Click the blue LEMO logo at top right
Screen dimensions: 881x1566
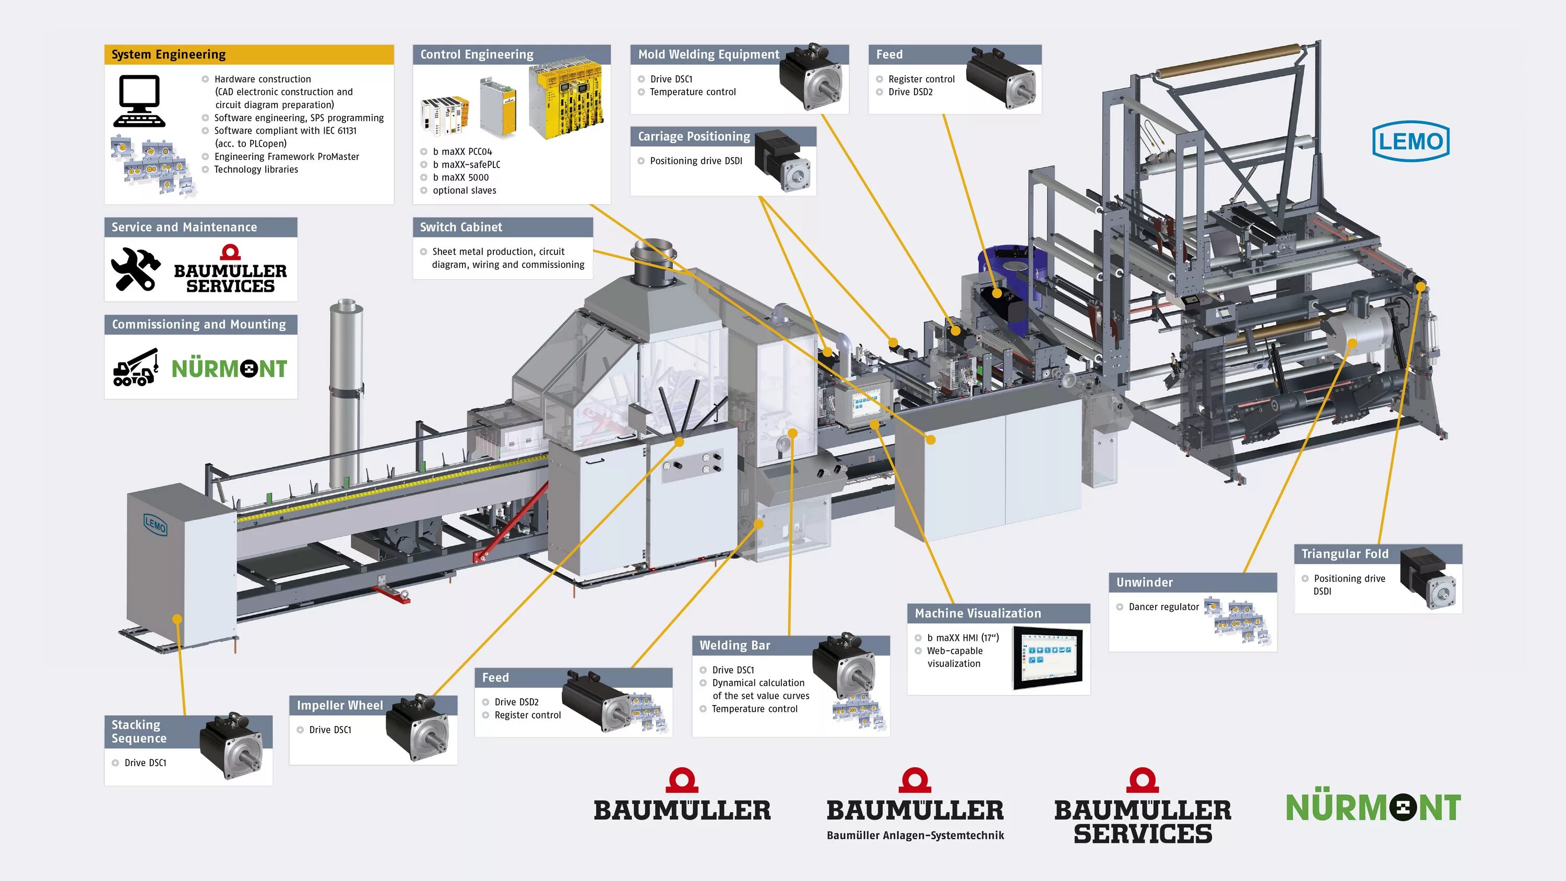tap(1410, 141)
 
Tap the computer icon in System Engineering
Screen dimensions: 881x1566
tap(139, 101)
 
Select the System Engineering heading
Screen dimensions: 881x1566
tap(169, 55)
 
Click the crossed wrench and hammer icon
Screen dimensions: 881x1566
tap(136, 269)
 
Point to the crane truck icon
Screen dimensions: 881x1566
tap(136, 367)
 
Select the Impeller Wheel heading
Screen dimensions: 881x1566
tap(340, 705)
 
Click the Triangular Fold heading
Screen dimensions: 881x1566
tap(1345, 554)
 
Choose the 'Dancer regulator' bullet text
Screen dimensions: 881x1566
tap(1164, 607)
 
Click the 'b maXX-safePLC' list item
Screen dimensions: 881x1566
tap(466, 165)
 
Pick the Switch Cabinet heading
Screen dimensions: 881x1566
tap(461, 228)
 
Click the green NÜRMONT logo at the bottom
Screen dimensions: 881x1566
tap(1373, 807)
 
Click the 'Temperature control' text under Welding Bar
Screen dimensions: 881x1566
tap(754, 709)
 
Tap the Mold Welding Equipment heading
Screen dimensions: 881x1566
tap(708, 55)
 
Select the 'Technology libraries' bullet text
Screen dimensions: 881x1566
tap(256, 170)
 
